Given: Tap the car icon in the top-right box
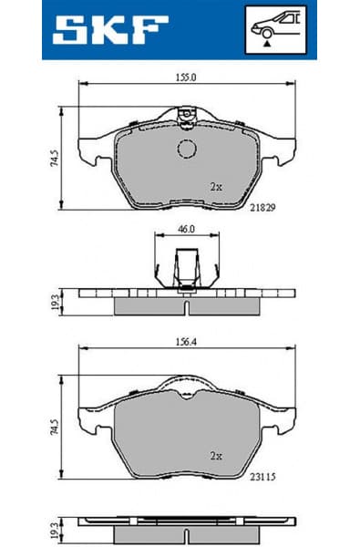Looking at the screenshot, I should [279, 24].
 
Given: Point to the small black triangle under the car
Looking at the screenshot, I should [265, 42].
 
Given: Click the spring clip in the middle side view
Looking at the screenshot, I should [187, 270].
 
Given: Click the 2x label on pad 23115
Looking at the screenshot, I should [215, 454].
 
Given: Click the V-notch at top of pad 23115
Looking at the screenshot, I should [186, 393].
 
